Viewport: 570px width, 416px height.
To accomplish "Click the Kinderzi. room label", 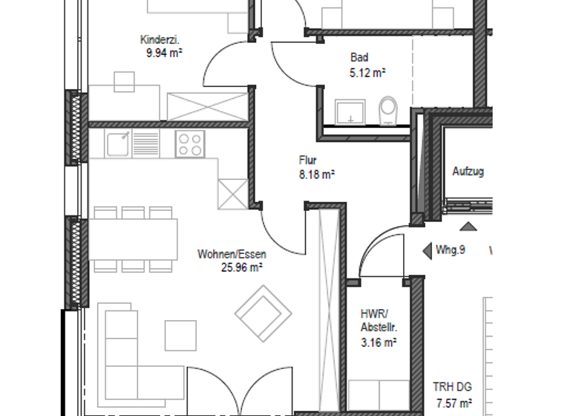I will [160, 40].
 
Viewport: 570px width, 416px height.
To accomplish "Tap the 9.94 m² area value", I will [165, 53].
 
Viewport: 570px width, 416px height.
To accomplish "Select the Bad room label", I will [360, 58].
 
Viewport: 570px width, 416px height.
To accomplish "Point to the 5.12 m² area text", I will [367, 73].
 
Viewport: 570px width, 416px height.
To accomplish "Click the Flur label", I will [309, 160].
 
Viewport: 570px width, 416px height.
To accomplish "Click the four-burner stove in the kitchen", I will [190, 143].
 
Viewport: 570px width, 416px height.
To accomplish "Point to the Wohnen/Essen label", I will [232, 254].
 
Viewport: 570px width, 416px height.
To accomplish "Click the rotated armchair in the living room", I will [263, 312].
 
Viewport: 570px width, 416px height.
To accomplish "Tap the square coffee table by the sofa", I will [180, 334].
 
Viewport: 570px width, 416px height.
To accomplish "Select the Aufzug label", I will [468, 172].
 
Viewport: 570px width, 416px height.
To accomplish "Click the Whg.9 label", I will [451, 250].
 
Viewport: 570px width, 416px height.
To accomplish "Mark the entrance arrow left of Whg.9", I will [427, 251].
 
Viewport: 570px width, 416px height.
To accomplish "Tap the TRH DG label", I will [453, 388].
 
